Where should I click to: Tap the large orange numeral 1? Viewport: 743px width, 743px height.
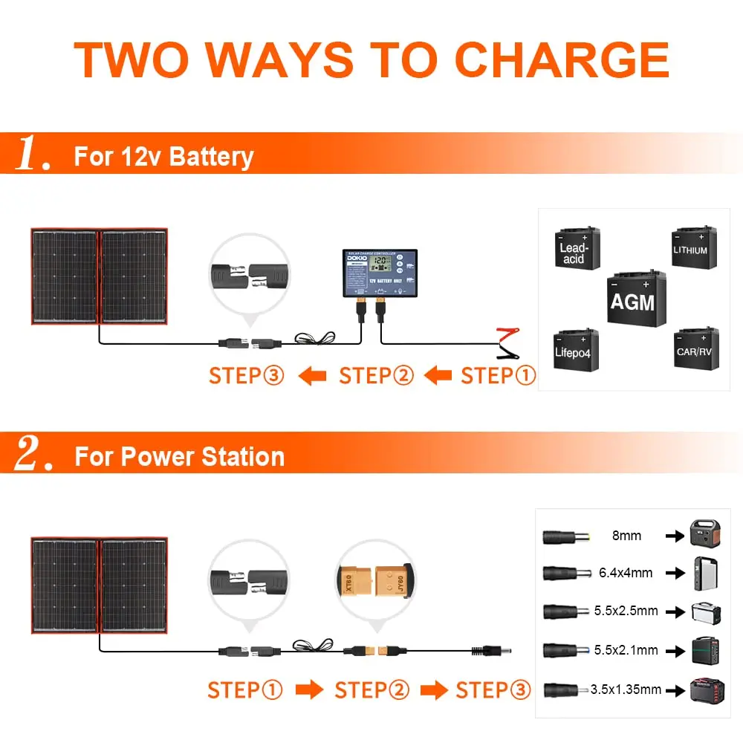click(32, 154)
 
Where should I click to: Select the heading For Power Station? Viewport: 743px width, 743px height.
click(179, 456)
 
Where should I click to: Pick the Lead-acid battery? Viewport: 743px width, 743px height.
click(577, 249)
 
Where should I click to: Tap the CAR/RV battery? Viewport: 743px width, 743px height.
click(695, 348)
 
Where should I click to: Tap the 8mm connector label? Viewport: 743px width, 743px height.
click(626, 535)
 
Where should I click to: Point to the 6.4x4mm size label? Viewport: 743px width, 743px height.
click(625, 573)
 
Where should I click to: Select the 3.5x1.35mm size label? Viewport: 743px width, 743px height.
click(626, 689)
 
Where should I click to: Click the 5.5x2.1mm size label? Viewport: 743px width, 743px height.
click(626, 650)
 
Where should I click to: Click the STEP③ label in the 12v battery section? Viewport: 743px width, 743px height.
click(247, 375)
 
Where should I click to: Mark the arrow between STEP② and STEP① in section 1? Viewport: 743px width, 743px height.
click(438, 376)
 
